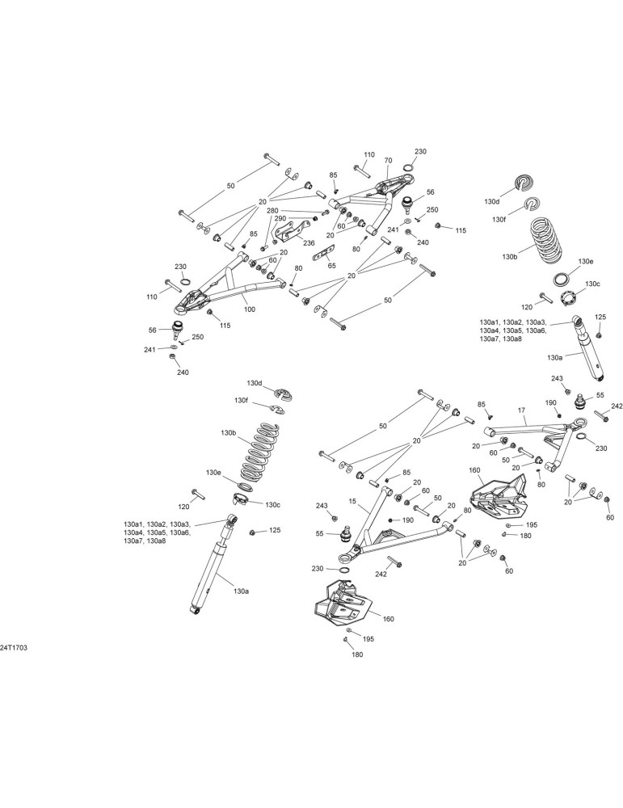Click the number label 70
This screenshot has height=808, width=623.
pyautogui.click(x=388, y=161)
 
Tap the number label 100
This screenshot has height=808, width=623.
pyautogui.click(x=250, y=309)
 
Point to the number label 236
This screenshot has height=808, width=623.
pyautogui.click(x=308, y=243)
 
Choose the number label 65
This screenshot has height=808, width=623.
pyautogui.click(x=332, y=265)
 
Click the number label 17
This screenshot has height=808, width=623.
pyautogui.click(x=521, y=410)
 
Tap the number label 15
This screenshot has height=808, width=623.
pyautogui.click(x=352, y=500)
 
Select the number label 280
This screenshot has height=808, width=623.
pyautogui.click(x=272, y=211)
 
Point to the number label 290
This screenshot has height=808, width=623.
pyautogui.click(x=280, y=218)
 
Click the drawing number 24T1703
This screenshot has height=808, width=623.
pyautogui.click(x=14, y=648)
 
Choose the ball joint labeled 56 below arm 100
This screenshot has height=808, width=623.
pyautogui.click(x=178, y=328)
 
